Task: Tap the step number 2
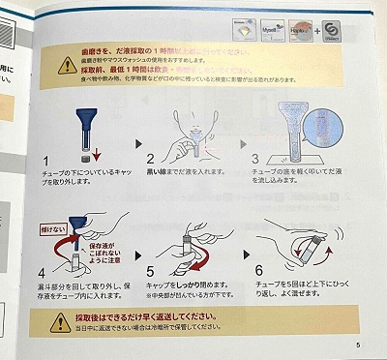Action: [x=152, y=160]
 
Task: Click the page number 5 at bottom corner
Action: [x=357, y=345]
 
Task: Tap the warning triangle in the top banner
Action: [x=67, y=66]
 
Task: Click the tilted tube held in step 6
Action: [x=305, y=254]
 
